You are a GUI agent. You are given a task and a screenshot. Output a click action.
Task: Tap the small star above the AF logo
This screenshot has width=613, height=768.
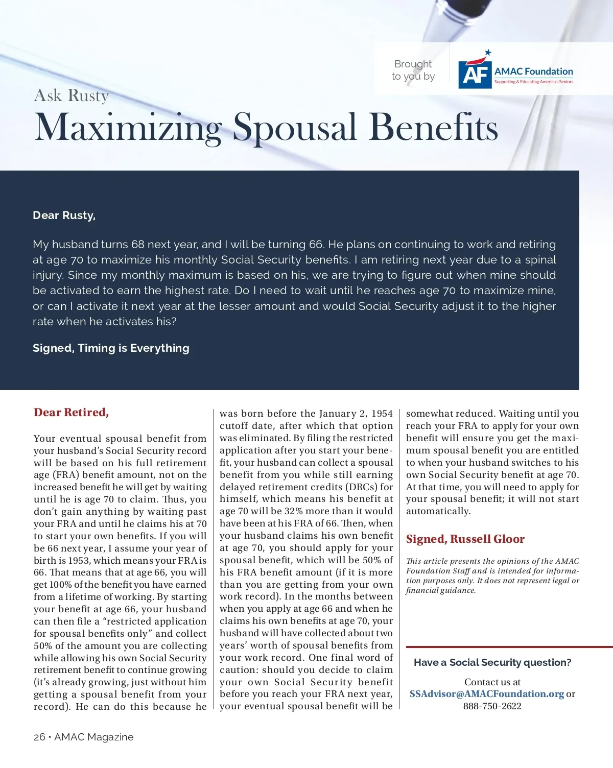[x=488, y=52]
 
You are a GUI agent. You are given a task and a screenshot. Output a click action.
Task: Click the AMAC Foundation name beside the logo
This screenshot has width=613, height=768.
[x=533, y=71]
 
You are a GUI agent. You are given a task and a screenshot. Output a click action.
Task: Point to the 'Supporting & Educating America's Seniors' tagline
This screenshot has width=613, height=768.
[x=533, y=82]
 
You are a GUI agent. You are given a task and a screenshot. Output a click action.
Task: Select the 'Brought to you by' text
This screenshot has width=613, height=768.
[x=413, y=70]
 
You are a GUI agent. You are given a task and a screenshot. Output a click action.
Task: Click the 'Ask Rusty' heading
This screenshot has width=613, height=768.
[x=72, y=95]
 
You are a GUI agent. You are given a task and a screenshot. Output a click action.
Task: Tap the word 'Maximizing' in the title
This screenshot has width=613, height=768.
[x=128, y=127]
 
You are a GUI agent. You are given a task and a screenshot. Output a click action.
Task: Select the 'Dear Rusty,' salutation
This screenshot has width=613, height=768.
[x=64, y=215]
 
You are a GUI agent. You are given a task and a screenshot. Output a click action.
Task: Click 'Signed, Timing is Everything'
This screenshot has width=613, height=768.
[x=111, y=348]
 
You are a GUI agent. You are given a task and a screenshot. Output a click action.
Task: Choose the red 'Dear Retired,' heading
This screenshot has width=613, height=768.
[x=72, y=413]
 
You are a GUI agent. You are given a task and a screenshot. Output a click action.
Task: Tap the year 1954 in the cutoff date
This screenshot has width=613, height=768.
[x=382, y=414]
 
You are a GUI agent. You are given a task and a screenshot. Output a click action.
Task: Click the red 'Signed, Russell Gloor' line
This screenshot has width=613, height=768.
[x=465, y=539]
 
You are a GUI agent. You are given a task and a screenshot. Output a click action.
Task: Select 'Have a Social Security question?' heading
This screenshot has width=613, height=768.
[x=492, y=662]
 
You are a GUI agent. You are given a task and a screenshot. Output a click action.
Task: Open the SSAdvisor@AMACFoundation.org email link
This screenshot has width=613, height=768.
[x=486, y=694]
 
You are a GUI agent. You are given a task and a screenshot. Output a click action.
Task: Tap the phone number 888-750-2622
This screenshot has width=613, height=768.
[x=492, y=706]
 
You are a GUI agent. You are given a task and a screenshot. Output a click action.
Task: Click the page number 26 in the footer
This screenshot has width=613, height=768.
[x=39, y=737]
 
